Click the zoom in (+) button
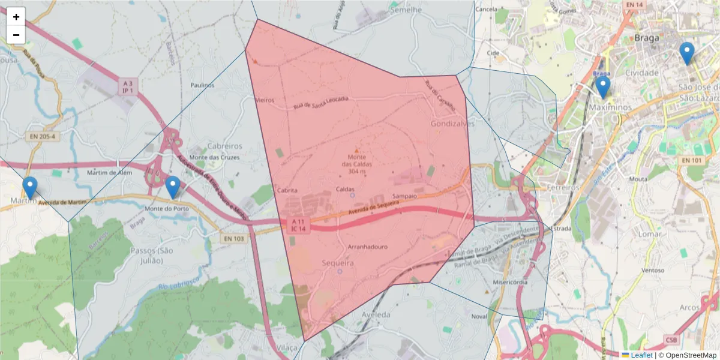[x=16, y=17]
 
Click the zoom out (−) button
[x=16, y=35]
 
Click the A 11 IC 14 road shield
[x=298, y=224]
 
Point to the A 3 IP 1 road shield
[x=127, y=86]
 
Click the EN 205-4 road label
[x=44, y=136]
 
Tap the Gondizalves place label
[x=452, y=123]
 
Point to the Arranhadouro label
[x=368, y=247]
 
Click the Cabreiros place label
[x=224, y=146]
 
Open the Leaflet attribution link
[x=641, y=355]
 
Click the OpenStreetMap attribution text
[x=686, y=355]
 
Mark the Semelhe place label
[x=406, y=10]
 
